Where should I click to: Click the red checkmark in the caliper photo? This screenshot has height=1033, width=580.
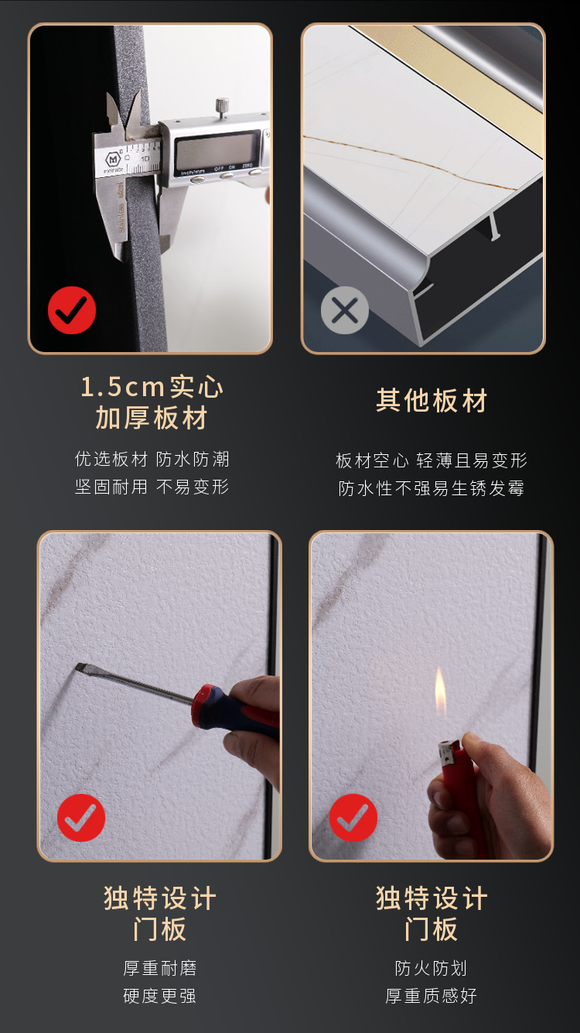pyautogui.click(x=72, y=310)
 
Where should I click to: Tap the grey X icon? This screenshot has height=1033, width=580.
pyautogui.click(x=344, y=310)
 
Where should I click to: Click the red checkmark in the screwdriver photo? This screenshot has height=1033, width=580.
pyautogui.click(x=81, y=818)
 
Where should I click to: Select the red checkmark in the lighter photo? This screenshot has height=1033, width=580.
pyautogui.click(x=353, y=818)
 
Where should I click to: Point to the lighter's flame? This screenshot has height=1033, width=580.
pyautogui.click(x=440, y=693)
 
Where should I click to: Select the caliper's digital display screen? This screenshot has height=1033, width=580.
pyautogui.click(x=216, y=149)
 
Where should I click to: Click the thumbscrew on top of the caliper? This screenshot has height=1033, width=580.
pyautogui.click(x=223, y=106)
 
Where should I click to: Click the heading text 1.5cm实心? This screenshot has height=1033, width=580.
pyautogui.click(x=152, y=386)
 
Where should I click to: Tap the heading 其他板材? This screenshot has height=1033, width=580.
pyautogui.click(x=432, y=402)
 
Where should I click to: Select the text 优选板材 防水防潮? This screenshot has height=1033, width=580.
pyautogui.click(x=152, y=459)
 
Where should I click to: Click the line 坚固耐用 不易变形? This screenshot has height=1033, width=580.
pyautogui.click(x=152, y=487)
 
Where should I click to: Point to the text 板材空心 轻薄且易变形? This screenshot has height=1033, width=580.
pyautogui.click(x=432, y=460)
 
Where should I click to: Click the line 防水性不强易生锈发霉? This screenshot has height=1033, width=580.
pyautogui.click(x=432, y=488)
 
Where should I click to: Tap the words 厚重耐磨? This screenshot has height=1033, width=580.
pyautogui.click(x=159, y=968)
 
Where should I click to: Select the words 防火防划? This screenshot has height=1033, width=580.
pyautogui.click(x=432, y=968)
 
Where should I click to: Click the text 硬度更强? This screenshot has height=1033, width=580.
pyautogui.click(x=159, y=996)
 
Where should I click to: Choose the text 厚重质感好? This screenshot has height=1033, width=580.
pyautogui.click(x=432, y=996)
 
